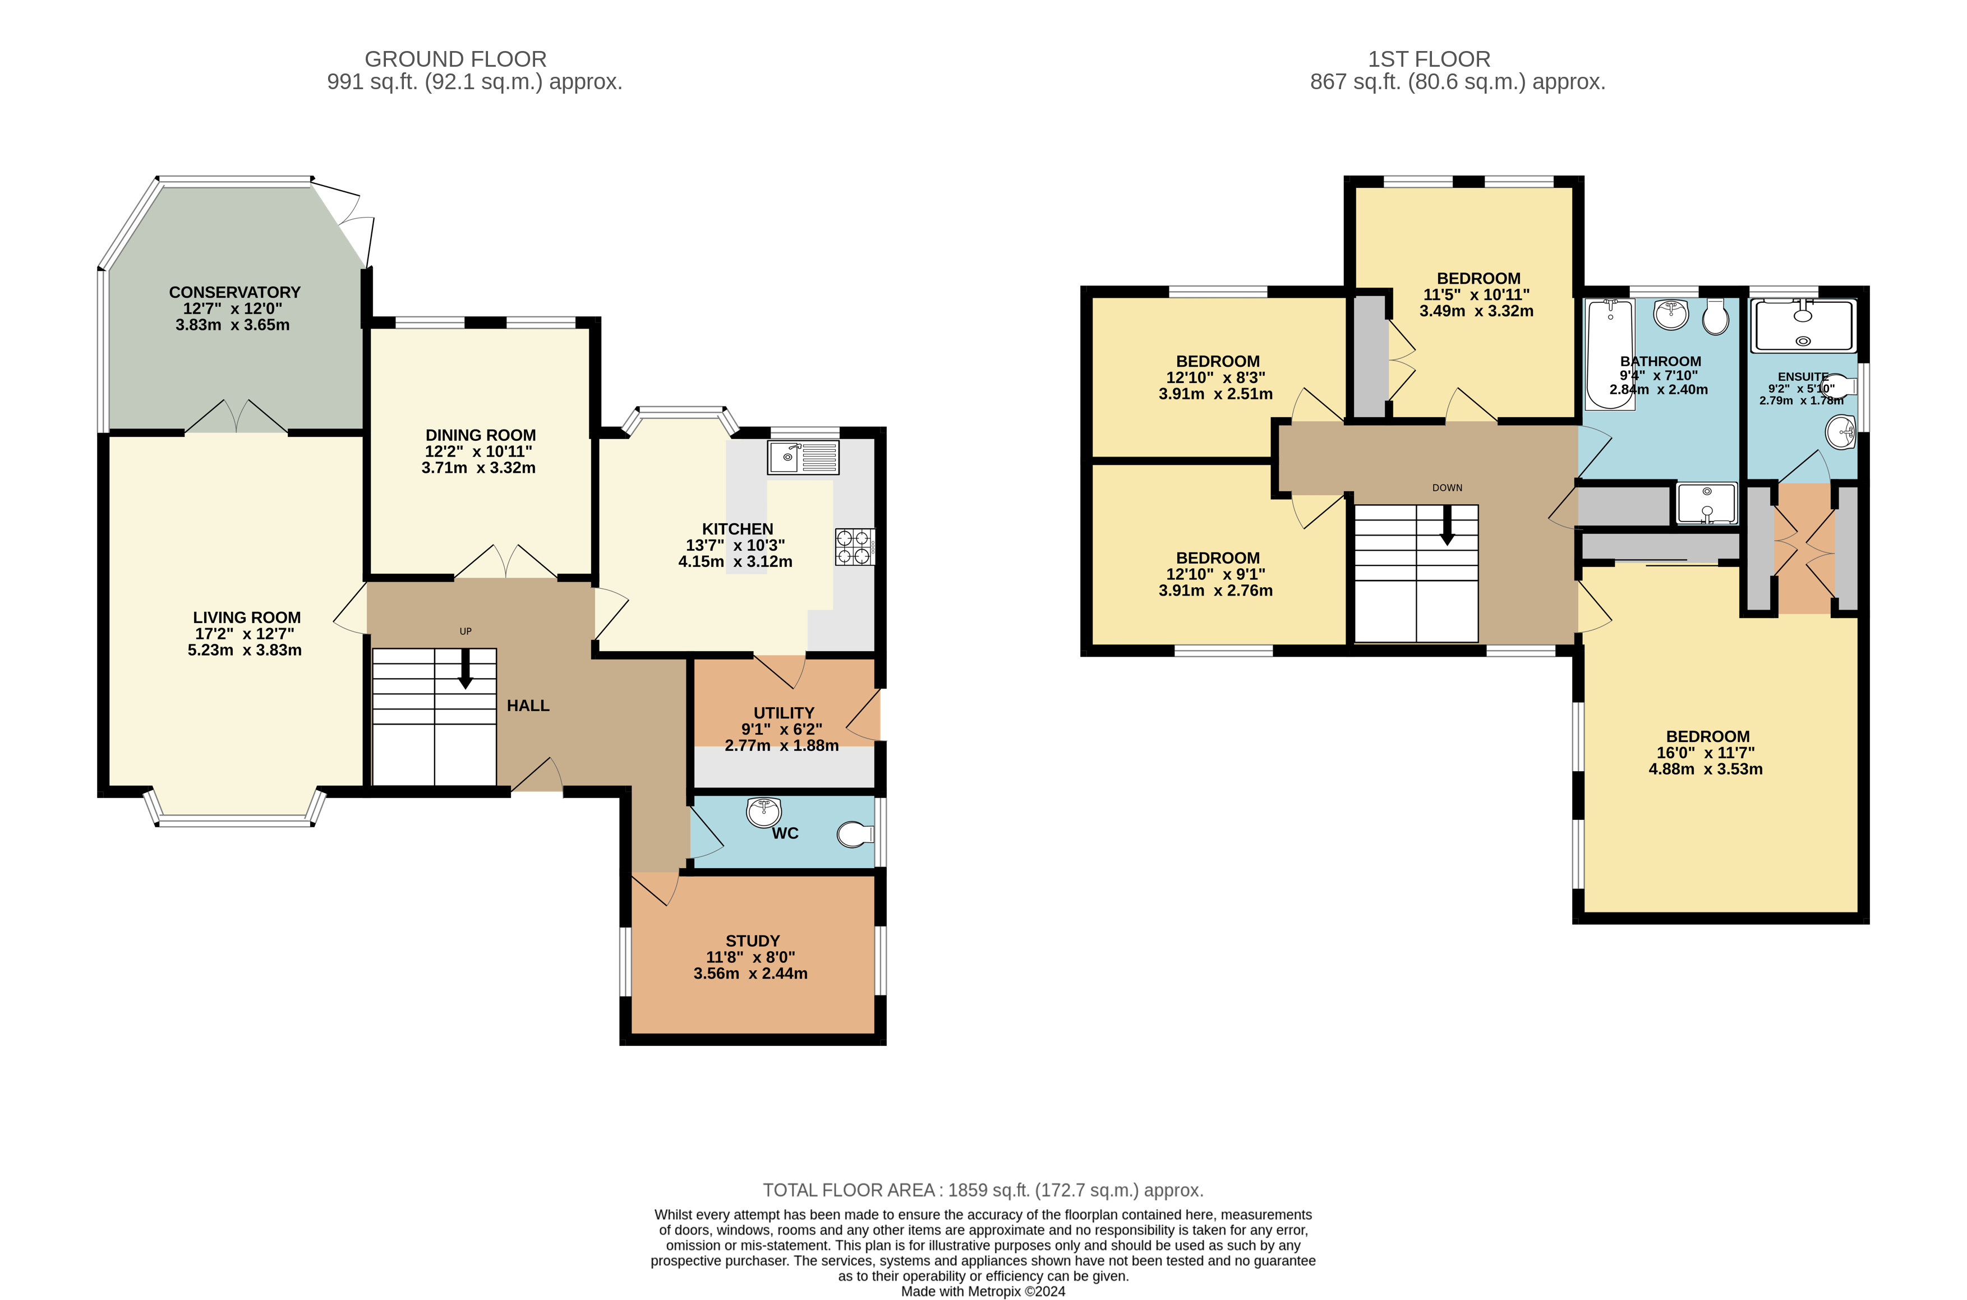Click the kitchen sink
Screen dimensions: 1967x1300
click(x=803, y=457)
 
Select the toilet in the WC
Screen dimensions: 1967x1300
click(x=855, y=834)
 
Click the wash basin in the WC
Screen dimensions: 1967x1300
click(x=763, y=812)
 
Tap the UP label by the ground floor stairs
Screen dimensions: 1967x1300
click(x=466, y=631)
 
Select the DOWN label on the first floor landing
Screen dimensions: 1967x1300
click(x=1447, y=487)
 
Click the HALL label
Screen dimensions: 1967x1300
click(x=528, y=706)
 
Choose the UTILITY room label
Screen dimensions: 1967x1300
click(x=784, y=713)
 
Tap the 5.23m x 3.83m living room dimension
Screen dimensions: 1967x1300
click(x=245, y=650)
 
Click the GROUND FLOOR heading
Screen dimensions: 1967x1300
click(x=456, y=59)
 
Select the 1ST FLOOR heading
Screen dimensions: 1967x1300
click(x=1429, y=59)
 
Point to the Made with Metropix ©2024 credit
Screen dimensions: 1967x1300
click(x=983, y=1291)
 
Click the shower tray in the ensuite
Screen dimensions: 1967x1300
click(x=1803, y=326)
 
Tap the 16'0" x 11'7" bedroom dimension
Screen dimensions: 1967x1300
click(x=1705, y=753)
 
